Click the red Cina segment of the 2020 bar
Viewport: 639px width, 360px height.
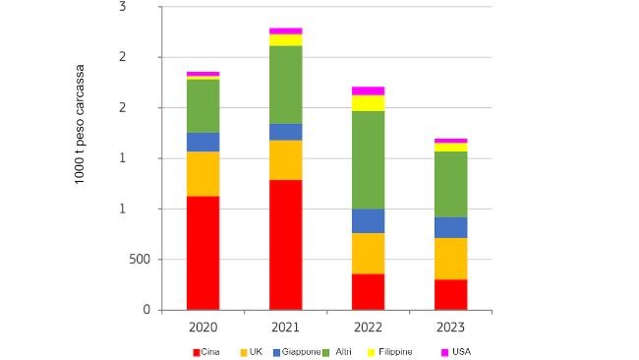click(x=203, y=253)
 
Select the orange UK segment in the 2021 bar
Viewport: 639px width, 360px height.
click(x=285, y=159)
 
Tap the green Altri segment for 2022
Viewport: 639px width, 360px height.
click(x=368, y=159)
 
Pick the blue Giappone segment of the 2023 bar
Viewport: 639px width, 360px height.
click(x=450, y=227)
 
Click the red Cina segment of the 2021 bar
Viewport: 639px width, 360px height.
click(x=285, y=244)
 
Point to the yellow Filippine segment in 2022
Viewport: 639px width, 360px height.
click(x=368, y=102)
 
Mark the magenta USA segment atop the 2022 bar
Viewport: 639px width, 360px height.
click(x=368, y=90)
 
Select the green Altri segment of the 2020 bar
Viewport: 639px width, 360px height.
click(x=203, y=105)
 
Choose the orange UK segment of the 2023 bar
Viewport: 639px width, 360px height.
click(x=450, y=259)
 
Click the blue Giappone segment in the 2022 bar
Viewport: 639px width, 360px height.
click(x=368, y=220)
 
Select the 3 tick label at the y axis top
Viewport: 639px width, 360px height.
click(x=149, y=7)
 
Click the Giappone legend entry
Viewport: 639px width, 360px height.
click(x=297, y=351)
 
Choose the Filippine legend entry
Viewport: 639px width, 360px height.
click(x=388, y=351)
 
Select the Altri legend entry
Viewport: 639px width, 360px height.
click(x=340, y=351)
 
